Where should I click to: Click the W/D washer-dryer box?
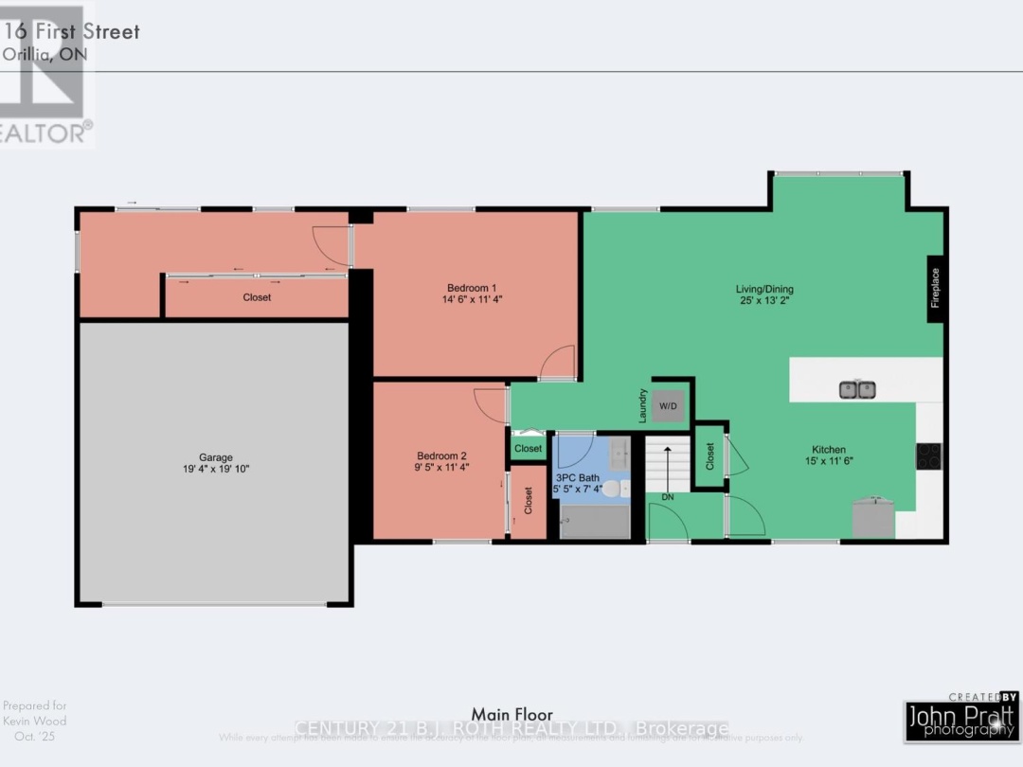[x=668, y=406]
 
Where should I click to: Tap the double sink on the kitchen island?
[x=857, y=389]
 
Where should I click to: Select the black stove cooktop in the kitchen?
[x=928, y=456]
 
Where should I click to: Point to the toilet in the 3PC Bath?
[x=613, y=490]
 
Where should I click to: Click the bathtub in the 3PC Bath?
[x=594, y=522]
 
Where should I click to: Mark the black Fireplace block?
[x=935, y=288]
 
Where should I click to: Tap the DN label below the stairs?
[x=668, y=497]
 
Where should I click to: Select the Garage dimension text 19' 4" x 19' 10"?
[x=216, y=469]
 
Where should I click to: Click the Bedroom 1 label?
[x=472, y=288]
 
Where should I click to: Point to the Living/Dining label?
[x=764, y=289]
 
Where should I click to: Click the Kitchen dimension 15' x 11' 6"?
[x=828, y=461]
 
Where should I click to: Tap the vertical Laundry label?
[x=643, y=405]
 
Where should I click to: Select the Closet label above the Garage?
[x=257, y=297]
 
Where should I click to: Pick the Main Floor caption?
[x=511, y=714]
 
